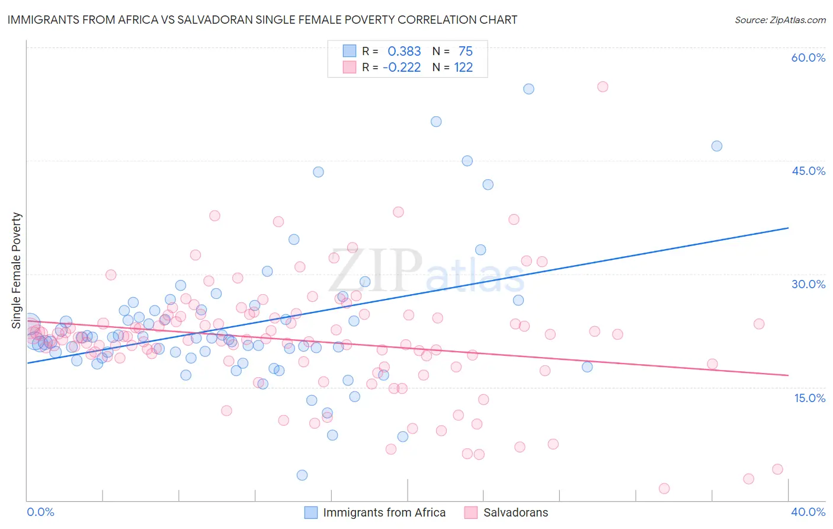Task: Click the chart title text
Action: point(262,20)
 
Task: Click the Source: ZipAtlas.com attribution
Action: point(780,20)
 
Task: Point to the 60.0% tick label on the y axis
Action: point(808,58)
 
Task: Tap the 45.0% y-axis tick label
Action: point(808,171)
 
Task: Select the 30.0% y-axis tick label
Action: point(808,284)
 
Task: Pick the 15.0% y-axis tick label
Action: point(809,397)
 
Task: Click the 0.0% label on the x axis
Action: point(40,512)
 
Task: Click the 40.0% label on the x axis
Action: point(808,512)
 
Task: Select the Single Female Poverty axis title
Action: point(17,270)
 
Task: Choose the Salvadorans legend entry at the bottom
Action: point(515,512)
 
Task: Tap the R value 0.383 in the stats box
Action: point(404,52)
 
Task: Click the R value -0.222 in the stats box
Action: point(402,68)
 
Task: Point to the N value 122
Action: point(463,68)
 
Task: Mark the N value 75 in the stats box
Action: point(466,52)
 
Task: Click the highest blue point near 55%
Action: point(528,89)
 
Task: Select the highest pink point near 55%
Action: point(603,87)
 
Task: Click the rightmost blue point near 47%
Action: point(717,146)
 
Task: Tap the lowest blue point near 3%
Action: point(302,475)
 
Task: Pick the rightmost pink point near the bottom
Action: point(777,469)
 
